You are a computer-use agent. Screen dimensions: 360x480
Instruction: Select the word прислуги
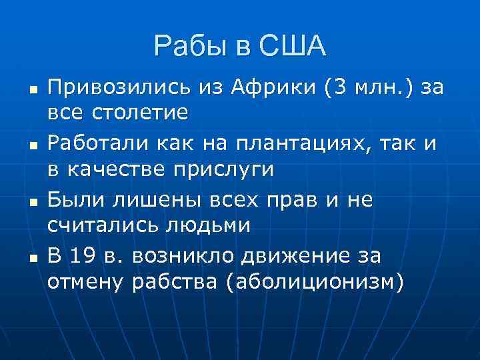222,168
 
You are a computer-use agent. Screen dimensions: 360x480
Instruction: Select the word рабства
175,281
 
